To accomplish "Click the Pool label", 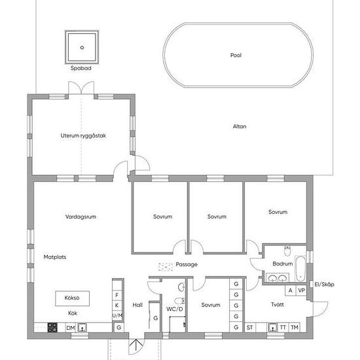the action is pos(236,55).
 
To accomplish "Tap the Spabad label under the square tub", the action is pos(81,68).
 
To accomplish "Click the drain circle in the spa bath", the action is pos(82,48).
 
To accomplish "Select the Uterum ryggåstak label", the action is pos(83,135).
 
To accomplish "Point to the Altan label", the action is pos(240,126).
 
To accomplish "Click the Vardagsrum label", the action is pos(81,217).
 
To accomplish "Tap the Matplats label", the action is pos(55,257).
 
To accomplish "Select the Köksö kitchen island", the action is pos(72,298).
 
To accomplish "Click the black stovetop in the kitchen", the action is pos(52,327).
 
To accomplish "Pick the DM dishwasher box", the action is pos(71,328).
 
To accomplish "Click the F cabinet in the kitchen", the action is pos(117,295).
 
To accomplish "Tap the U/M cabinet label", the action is pos(117,316).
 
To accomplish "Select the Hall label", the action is pos(137,305).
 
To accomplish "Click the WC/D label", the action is pos(175,309).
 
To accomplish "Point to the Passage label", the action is pos(187,264).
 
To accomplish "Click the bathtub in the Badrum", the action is pos(300,268).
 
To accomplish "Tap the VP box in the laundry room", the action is pos(301,291).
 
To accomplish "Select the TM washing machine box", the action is pos(295,327).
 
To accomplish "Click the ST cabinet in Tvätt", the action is pos(250,328).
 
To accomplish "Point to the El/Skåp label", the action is pos(324,285).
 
